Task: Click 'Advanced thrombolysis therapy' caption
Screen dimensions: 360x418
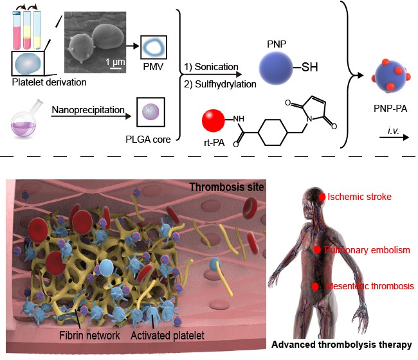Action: [341, 345]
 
